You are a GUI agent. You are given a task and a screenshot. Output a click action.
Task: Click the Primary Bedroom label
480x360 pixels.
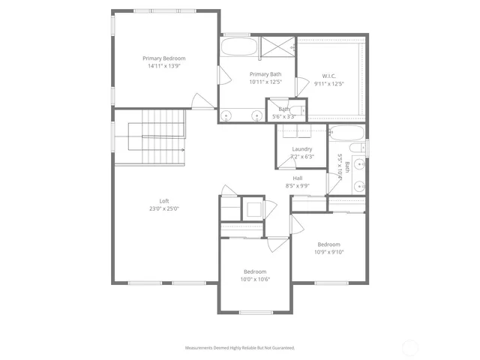(164, 58)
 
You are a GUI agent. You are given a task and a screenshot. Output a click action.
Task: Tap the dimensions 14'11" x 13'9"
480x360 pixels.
(164, 66)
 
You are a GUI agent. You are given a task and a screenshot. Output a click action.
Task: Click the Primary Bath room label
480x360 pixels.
(265, 74)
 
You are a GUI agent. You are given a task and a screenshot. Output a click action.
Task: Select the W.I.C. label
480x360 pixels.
(331, 76)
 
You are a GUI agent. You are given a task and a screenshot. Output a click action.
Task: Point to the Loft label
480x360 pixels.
(164, 200)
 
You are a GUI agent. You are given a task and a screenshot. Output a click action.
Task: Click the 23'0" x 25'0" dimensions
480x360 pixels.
(164, 208)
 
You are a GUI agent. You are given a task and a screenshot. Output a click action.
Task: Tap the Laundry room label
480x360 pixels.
(302, 148)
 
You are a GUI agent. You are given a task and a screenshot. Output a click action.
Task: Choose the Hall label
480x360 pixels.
(298, 178)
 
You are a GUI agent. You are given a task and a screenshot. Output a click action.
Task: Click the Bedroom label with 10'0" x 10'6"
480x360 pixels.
(255, 271)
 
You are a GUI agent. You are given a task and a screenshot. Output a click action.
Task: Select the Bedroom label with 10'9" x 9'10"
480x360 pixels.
(328, 244)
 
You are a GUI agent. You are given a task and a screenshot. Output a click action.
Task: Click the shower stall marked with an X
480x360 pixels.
(277, 47)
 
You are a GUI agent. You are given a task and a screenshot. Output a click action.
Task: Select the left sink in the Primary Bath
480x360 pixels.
(226, 115)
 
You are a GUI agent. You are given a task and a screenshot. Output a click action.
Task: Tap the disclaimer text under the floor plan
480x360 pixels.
(240, 348)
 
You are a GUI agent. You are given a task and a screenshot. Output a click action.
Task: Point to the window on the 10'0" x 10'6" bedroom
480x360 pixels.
(255, 312)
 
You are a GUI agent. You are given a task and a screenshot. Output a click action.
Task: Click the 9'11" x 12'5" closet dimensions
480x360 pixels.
(331, 84)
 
